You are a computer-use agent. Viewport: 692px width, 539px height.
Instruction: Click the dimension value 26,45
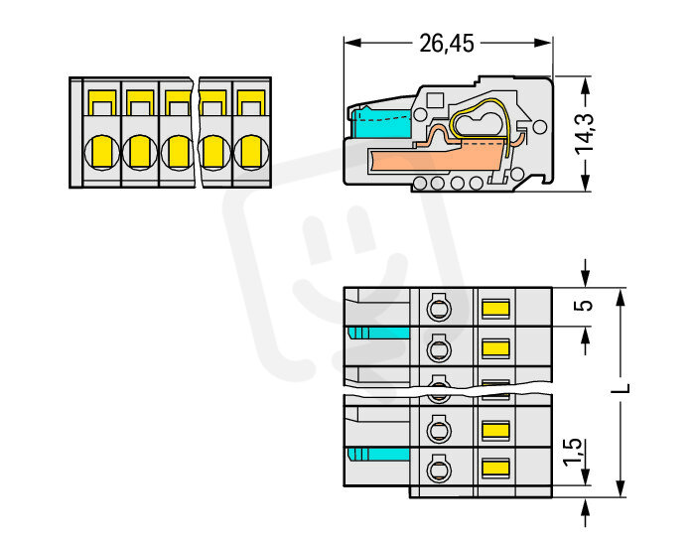(447, 43)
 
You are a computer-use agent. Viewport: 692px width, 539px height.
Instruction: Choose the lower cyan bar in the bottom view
(380, 454)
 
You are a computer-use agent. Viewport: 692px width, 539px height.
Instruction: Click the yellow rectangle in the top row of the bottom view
(494, 308)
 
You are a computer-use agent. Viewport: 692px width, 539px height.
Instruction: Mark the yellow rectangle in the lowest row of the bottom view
(494, 467)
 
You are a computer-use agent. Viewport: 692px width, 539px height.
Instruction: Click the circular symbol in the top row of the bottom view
(437, 308)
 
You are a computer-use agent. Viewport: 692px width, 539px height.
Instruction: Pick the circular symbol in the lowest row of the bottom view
(437, 467)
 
